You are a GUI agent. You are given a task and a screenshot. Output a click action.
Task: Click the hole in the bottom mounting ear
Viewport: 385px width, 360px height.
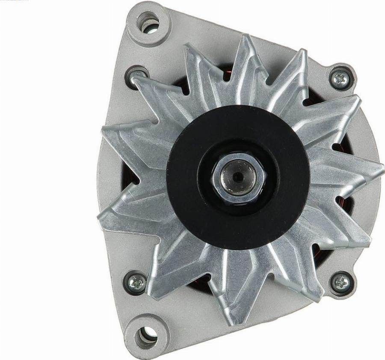tap(146, 335)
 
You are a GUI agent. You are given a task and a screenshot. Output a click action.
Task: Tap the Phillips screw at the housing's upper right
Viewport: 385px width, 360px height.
tap(341, 78)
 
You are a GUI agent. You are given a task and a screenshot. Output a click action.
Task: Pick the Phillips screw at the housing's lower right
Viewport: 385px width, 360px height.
tap(342, 282)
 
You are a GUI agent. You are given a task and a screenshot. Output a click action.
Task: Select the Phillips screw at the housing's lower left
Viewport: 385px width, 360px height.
tap(137, 283)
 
